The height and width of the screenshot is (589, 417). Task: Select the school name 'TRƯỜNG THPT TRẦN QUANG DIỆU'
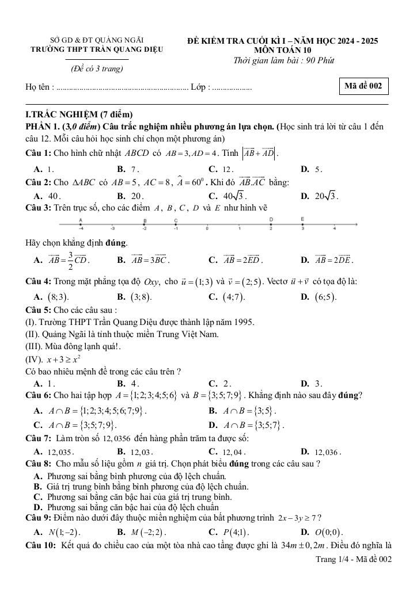97,49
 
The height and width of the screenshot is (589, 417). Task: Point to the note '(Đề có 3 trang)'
97,68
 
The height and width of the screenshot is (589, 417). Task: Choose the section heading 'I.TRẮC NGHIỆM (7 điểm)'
79,114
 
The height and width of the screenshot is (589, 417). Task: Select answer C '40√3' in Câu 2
226,196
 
